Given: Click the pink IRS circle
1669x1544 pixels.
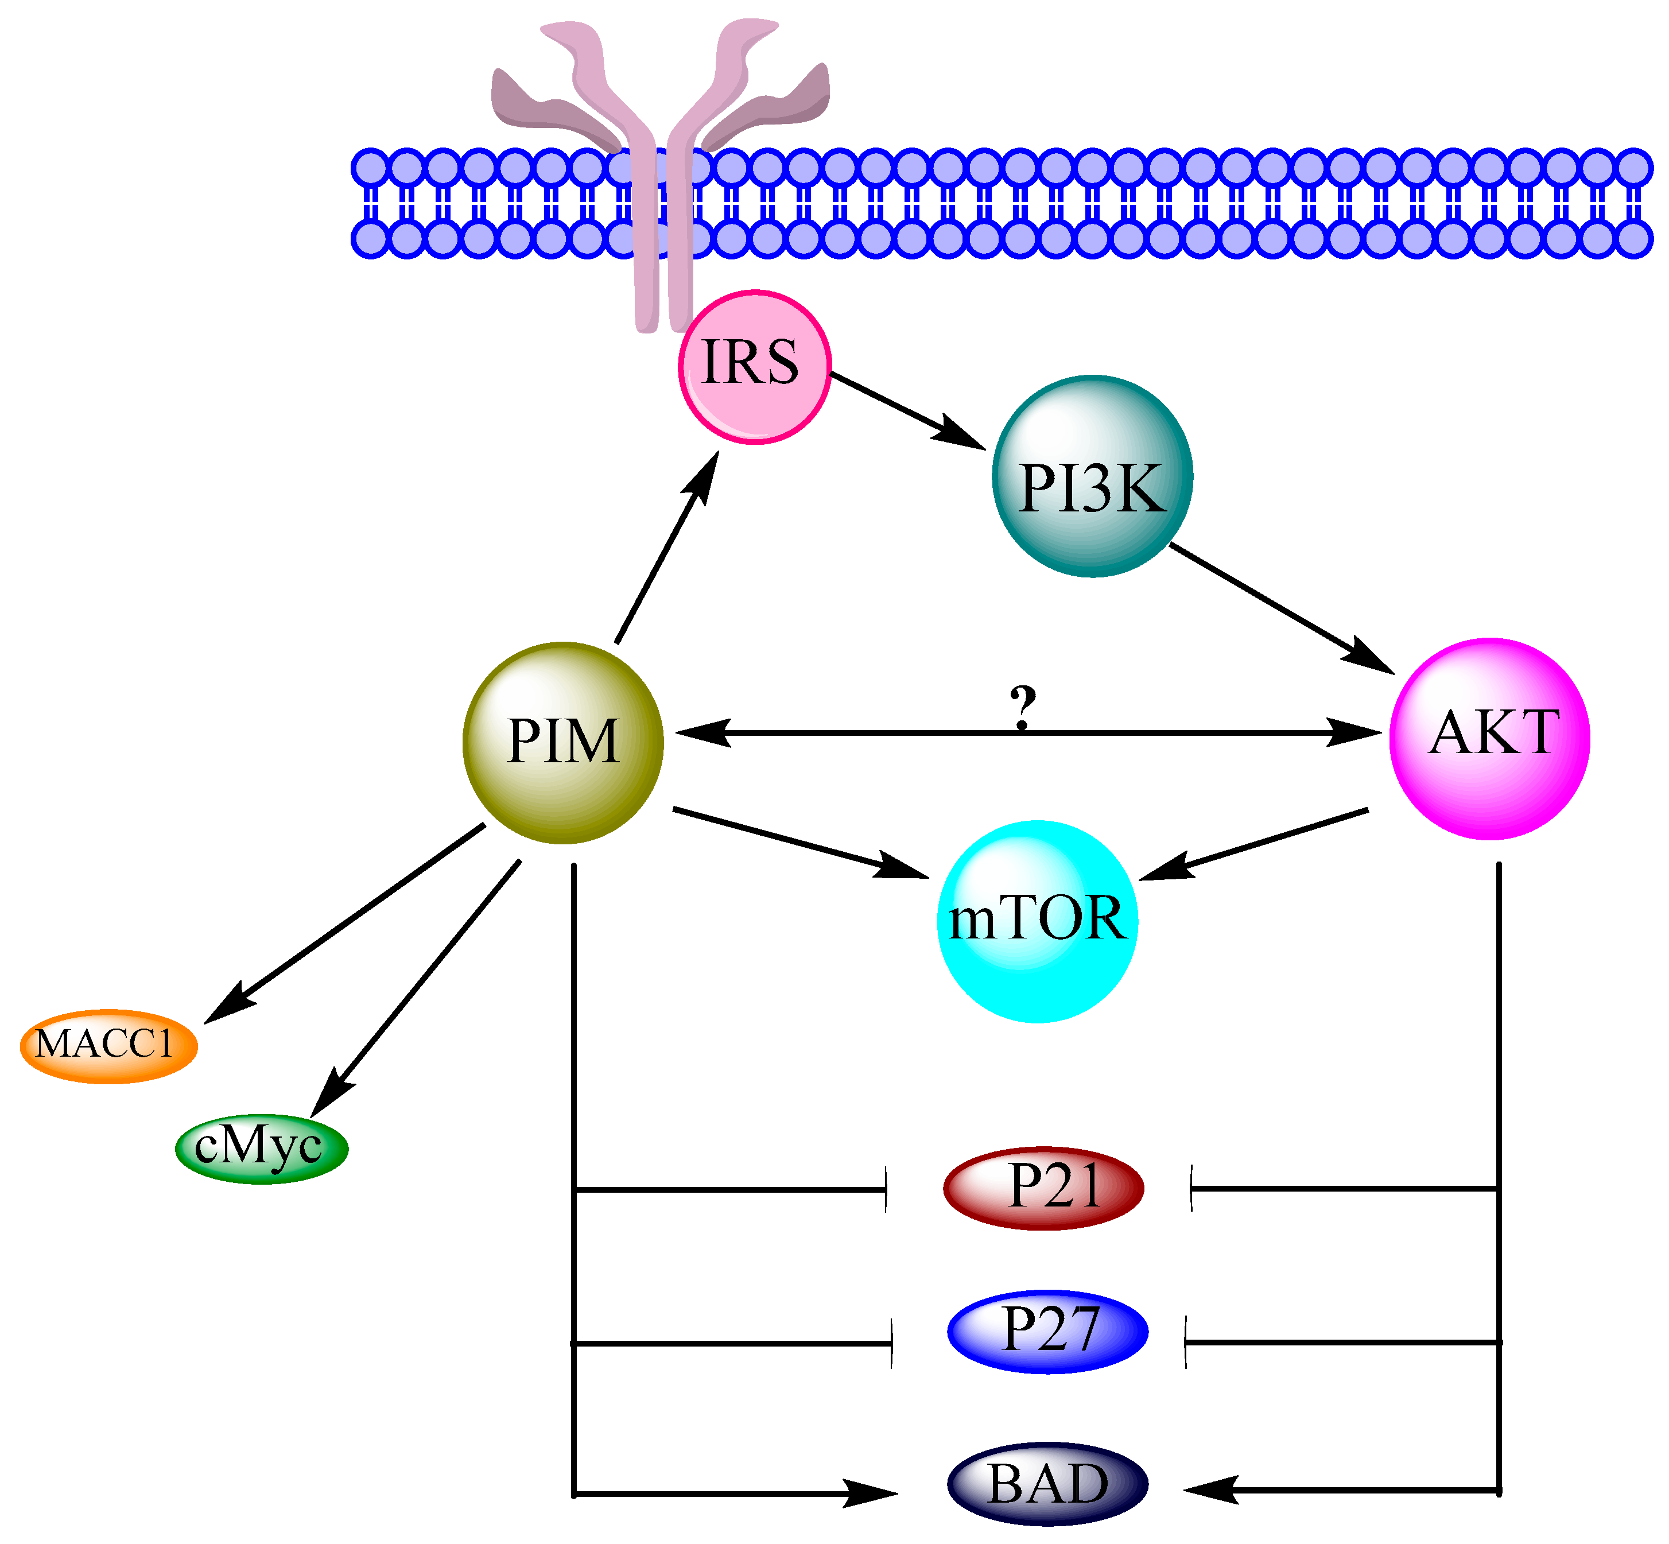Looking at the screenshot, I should point(754,367).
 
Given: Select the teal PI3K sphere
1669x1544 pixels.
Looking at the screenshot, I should point(1092,477).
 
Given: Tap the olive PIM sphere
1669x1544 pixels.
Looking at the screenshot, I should point(562,743).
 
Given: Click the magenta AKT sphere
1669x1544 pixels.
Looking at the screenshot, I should point(1489,739).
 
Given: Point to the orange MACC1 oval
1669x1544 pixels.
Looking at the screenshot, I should point(108,1046).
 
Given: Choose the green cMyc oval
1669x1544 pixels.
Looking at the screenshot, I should point(262,1148).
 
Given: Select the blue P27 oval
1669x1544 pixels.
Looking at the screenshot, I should point(1047,1332).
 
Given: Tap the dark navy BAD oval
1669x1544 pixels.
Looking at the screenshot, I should point(1047,1484).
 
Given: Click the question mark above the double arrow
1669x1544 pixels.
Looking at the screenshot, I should point(1022,707).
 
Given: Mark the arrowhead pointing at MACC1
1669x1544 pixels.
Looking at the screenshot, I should point(227,1006).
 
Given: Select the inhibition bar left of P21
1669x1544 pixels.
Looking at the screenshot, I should point(886,1189).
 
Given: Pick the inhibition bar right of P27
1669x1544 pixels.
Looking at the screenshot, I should point(1185,1342).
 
